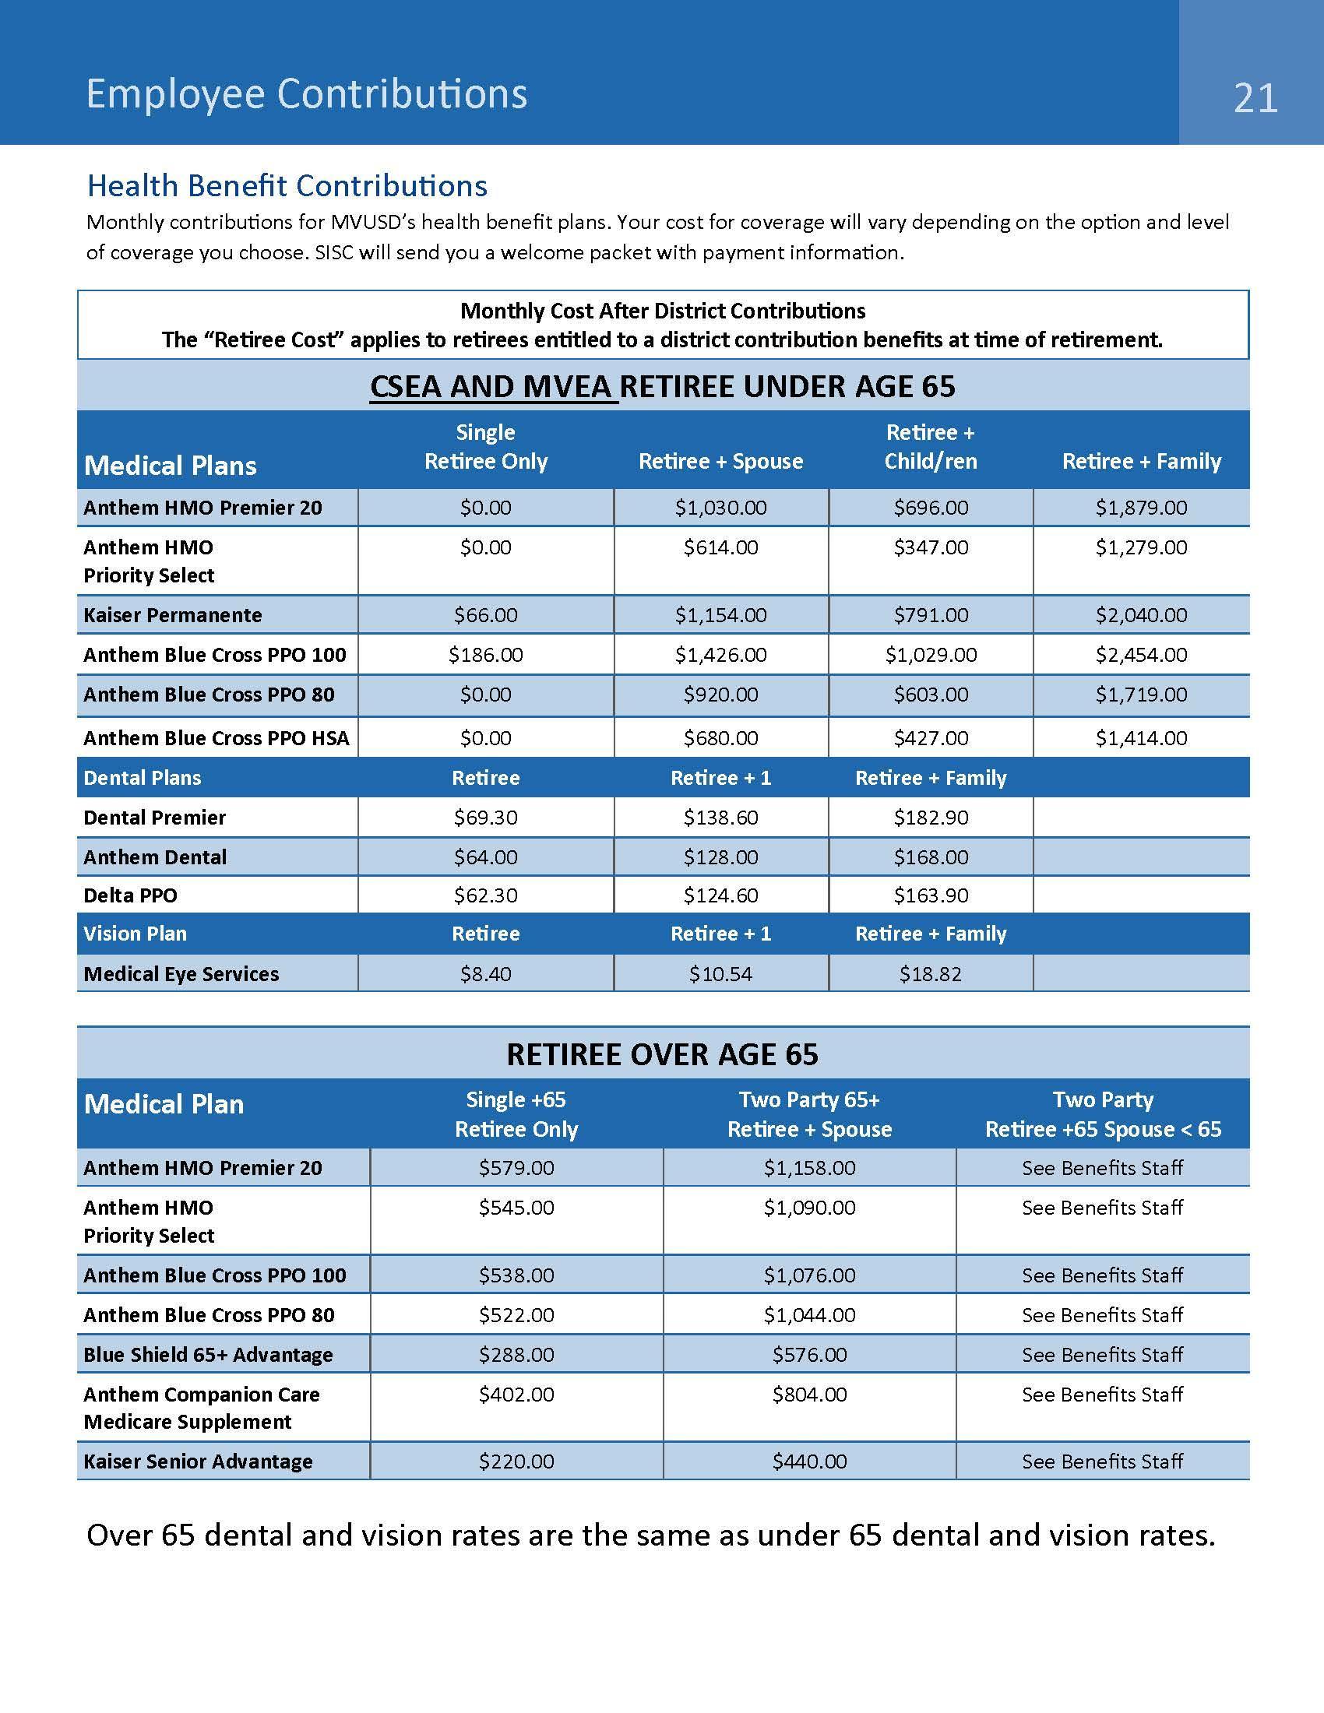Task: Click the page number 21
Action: click(1255, 99)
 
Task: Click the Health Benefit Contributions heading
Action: click(287, 186)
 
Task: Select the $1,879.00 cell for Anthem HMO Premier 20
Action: click(1140, 508)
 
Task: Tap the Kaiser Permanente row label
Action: click(173, 615)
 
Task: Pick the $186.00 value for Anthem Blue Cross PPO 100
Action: click(485, 654)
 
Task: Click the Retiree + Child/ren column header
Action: click(930, 446)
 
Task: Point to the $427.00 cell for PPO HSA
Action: click(930, 737)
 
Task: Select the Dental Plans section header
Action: click(142, 777)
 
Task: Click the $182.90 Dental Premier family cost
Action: click(930, 818)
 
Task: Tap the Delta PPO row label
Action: click(130, 895)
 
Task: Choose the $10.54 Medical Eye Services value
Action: click(720, 973)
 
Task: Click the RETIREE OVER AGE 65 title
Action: click(662, 1054)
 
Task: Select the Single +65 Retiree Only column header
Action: click(516, 1113)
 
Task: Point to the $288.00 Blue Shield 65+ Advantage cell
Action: click(516, 1355)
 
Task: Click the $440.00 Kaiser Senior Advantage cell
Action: click(808, 1462)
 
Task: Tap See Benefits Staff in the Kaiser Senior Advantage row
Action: click(1101, 1462)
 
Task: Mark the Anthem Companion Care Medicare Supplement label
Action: click(202, 1408)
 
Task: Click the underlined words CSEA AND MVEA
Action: click(492, 387)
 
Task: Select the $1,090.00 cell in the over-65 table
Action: click(808, 1207)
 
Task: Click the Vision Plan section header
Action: click(135, 934)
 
